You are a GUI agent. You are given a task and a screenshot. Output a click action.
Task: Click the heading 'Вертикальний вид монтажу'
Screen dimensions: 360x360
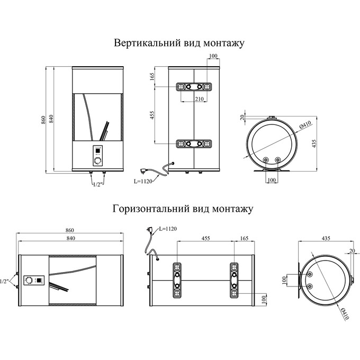click(179, 43)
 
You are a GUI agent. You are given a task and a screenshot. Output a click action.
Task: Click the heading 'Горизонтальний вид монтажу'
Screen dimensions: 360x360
click(183, 208)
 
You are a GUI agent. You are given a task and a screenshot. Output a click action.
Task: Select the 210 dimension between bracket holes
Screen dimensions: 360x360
click(200, 98)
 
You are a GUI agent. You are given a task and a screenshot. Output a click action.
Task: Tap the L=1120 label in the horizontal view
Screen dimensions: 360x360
click(167, 229)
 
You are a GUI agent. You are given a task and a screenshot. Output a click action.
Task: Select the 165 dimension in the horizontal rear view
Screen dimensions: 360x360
click(244, 239)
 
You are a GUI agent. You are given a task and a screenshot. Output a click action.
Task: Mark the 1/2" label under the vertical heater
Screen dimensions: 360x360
click(97, 184)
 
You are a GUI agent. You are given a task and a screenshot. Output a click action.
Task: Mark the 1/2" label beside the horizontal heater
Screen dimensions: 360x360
click(5, 281)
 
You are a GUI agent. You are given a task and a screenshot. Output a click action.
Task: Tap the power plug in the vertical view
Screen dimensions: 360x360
click(143, 170)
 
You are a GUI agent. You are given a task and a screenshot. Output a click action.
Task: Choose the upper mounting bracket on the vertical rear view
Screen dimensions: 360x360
click(194, 87)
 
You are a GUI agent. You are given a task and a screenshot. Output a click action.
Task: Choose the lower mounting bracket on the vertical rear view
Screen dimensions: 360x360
click(194, 143)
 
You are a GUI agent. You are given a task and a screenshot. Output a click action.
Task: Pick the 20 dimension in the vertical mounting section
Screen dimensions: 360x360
click(242, 117)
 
